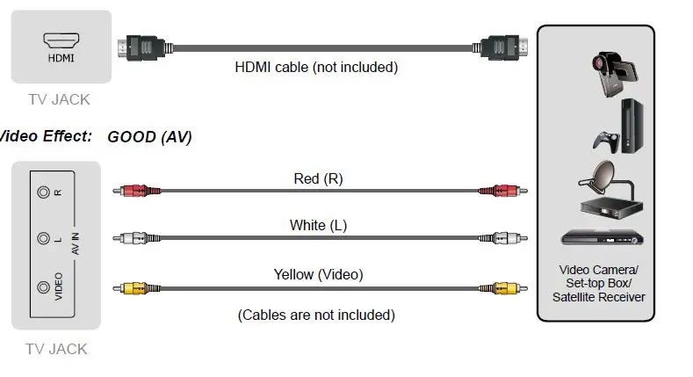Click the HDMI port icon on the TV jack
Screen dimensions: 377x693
point(61,40)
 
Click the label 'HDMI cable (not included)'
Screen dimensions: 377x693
point(316,67)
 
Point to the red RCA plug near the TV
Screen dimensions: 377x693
point(134,190)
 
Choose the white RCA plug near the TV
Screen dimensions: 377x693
point(134,238)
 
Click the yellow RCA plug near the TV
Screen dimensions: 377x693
point(134,287)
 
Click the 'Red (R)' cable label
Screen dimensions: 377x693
point(318,178)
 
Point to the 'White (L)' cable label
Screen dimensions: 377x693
point(318,226)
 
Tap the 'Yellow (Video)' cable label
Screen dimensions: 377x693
point(318,275)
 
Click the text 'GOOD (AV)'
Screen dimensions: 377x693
point(149,137)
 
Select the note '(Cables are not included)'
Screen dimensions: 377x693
point(316,315)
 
